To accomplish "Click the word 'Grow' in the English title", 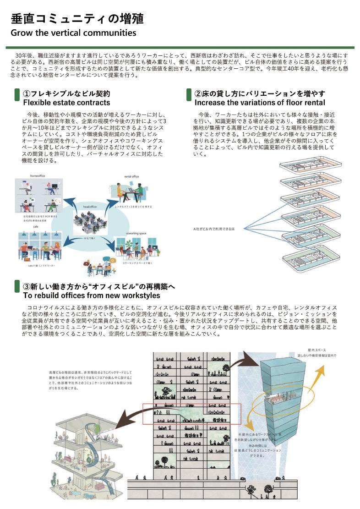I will pos(21,33).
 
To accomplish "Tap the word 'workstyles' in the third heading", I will pos(139,296).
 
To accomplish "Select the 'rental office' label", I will pos(131,176).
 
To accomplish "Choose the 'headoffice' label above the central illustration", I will pos(89,207).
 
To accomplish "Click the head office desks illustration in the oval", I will pos(89,222).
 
